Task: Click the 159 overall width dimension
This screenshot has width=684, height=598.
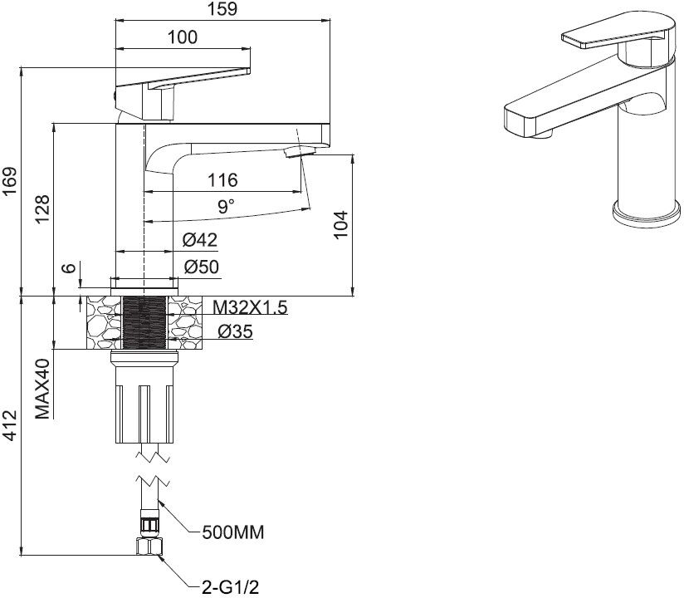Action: tap(222, 9)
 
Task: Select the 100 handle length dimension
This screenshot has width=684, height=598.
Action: tap(183, 37)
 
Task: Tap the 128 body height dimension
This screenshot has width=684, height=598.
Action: tap(42, 209)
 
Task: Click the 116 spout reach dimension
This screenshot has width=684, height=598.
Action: tap(222, 180)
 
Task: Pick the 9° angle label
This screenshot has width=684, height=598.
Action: tap(227, 206)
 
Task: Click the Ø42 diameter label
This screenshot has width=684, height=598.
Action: tap(200, 240)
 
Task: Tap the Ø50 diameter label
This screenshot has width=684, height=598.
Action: tap(202, 267)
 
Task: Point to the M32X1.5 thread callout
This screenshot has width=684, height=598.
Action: tap(250, 308)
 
